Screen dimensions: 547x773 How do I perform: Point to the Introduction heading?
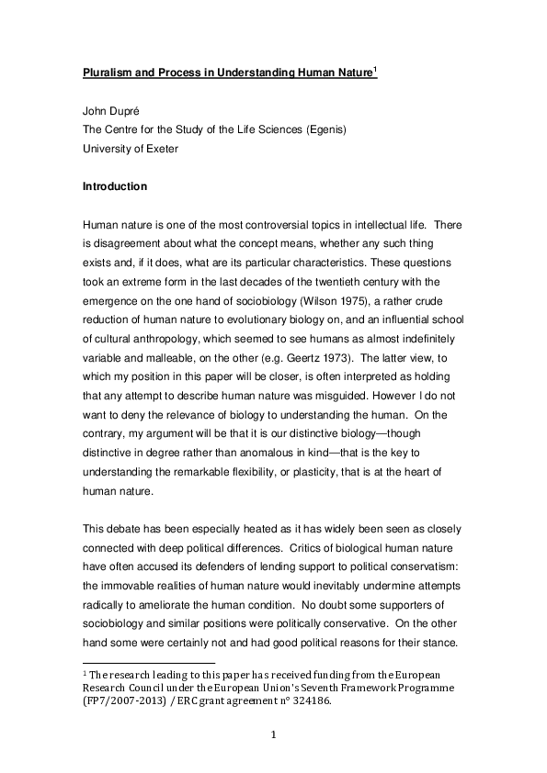point(115,186)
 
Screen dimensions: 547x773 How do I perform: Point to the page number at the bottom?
point(273,734)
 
